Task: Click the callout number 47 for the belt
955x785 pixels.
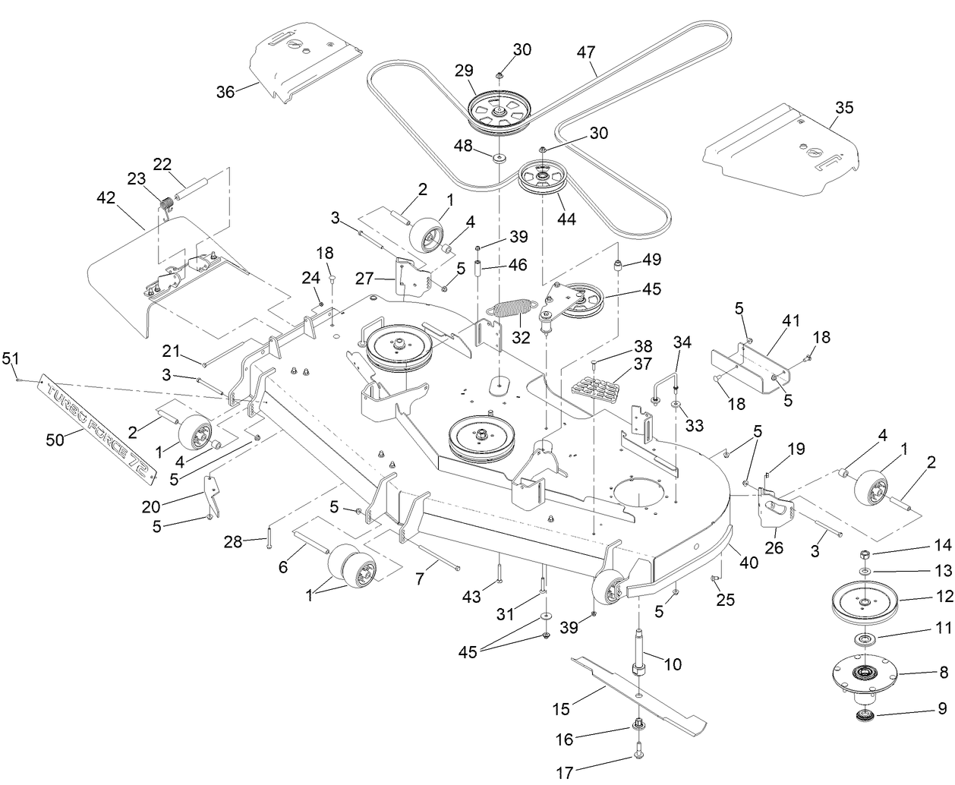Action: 585,52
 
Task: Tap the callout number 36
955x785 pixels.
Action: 225,92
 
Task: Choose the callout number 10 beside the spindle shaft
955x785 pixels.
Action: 673,664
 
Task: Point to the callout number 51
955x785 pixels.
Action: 10,357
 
